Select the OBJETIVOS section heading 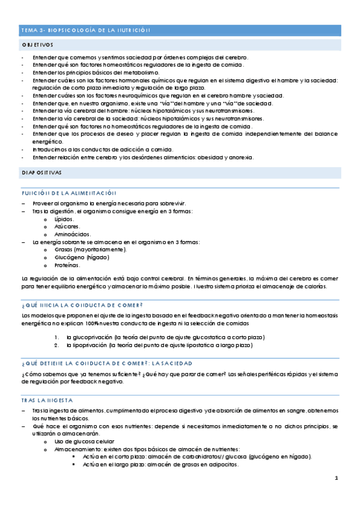click(x=37, y=46)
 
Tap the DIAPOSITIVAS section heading click(x=41, y=172)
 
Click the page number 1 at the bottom click(x=337, y=479)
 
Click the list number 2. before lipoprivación click(x=55, y=345)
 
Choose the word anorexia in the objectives click(x=240, y=158)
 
